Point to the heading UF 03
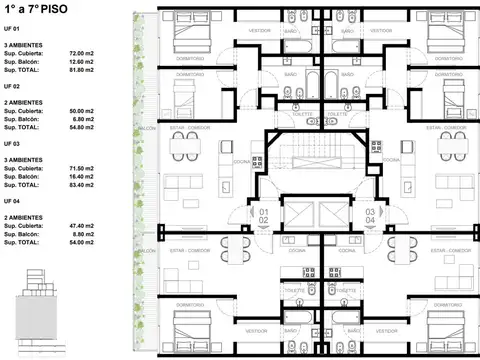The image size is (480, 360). coord(13,141)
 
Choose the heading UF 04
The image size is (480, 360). coord(13,200)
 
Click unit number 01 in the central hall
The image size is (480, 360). coord(264,213)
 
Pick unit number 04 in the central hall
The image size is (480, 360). coord(369,221)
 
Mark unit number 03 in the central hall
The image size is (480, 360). coord(369,213)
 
